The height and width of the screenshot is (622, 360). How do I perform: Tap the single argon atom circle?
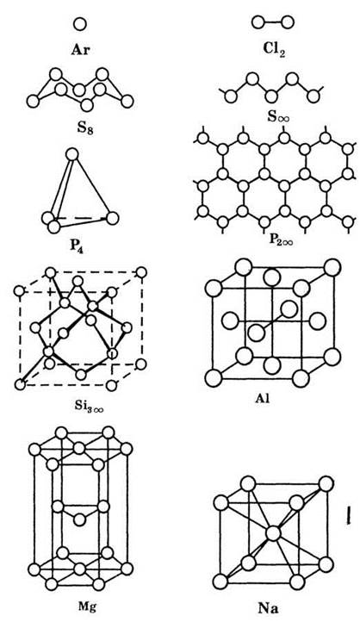[x=80, y=25]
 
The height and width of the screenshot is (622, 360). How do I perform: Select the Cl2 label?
[x=274, y=49]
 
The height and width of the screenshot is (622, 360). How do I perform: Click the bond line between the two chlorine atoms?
[x=273, y=22]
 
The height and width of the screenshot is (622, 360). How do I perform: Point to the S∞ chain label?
[x=279, y=116]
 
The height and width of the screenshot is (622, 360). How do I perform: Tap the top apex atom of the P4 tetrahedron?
[x=71, y=154]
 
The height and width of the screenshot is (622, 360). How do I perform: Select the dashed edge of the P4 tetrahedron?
[x=80, y=218]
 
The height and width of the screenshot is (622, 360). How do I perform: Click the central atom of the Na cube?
[x=273, y=533]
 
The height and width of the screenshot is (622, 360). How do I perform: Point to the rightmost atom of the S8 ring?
[x=127, y=101]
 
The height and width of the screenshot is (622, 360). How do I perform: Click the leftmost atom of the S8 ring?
[x=33, y=101]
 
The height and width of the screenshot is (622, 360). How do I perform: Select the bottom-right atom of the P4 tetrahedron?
[x=113, y=218]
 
